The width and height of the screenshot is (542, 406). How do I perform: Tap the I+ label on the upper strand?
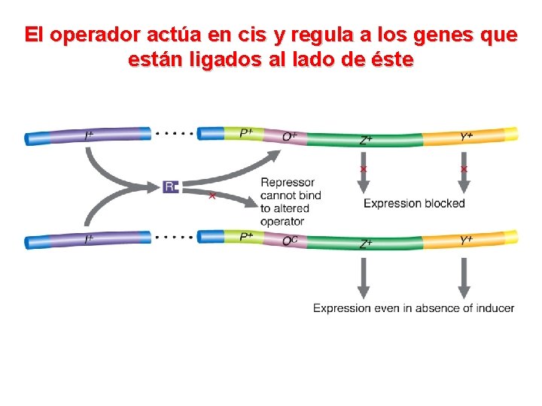[90, 136]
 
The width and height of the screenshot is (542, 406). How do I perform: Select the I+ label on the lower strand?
[90, 239]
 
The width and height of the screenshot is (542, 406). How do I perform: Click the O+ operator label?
[290, 137]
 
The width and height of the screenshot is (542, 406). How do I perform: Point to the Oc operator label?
[290, 241]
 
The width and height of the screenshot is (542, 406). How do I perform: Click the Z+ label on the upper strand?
[366, 140]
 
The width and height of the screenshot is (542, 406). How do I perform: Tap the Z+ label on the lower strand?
[366, 244]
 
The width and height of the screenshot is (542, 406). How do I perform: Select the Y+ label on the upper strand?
[467, 136]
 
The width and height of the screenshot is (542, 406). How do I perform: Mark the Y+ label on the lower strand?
[467, 240]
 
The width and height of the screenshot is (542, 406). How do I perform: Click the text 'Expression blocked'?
[414, 203]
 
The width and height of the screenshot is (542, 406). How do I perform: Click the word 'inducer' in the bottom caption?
[495, 308]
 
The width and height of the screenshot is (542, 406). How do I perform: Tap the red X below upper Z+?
[364, 170]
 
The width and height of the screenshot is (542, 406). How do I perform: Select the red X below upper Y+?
[464, 170]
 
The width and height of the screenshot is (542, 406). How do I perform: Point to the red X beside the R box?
[212, 196]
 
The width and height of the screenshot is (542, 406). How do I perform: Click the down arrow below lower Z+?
[364, 278]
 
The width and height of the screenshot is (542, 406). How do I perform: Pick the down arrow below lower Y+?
[464, 278]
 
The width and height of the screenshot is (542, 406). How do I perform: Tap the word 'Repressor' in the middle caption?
[288, 182]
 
